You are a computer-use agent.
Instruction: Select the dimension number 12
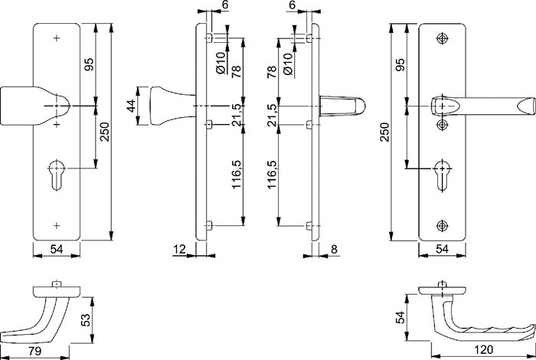(x=180, y=250)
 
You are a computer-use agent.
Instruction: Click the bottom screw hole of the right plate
(x=442, y=224)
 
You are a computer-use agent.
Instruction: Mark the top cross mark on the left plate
(x=57, y=38)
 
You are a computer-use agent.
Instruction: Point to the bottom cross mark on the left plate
(x=57, y=224)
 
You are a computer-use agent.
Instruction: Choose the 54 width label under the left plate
(x=57, y=250)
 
